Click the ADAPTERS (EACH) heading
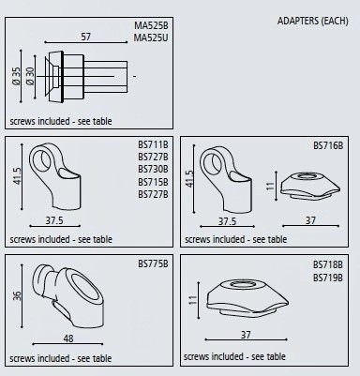312,21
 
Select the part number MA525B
151,25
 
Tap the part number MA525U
151,38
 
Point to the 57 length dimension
85,37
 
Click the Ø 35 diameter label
16,76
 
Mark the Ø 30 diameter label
30,76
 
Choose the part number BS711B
153,144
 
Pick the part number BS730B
153,169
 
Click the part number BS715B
153,182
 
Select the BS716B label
328,145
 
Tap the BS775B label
153,263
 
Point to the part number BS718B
328,264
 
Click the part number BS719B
328,278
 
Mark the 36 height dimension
17,295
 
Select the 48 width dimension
68,338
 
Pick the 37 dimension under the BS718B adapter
246,335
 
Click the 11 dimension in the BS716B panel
270,186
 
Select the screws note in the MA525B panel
61,121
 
